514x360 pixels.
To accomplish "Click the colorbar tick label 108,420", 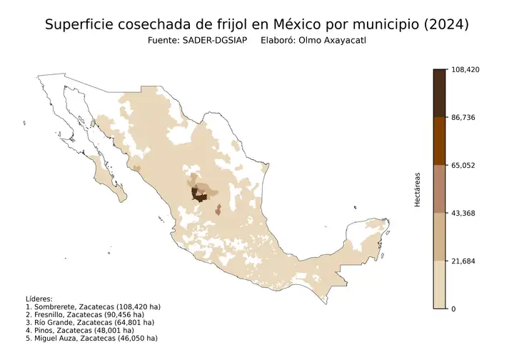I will click(x=466, y=69).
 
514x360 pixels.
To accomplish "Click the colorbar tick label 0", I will click(x=454, y=309).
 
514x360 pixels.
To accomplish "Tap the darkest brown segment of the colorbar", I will click(x=440, y=93).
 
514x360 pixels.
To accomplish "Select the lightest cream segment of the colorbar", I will click(x=440, y=285).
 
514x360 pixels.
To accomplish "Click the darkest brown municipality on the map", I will click(x=195, y=194).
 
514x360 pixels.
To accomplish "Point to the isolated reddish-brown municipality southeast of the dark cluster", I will click(x=218, y=209).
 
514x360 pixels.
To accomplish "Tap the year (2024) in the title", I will click(x=445, y=24).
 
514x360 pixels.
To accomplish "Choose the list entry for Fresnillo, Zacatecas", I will click(x=85, y=314).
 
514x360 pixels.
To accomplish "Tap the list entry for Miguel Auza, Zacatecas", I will click(x=91, y=338).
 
